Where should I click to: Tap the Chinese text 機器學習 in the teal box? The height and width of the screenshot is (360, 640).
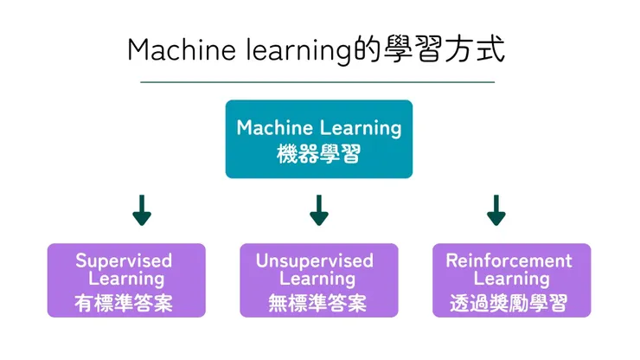[318, 154]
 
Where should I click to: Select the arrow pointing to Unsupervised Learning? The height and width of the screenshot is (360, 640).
[318, 210]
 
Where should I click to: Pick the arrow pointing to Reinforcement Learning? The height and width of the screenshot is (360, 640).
[496, 210]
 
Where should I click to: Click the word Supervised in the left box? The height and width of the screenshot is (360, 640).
[124, 260]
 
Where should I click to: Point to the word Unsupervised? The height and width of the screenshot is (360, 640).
[315, 260]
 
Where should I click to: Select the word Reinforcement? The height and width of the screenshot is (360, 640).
[509, 260]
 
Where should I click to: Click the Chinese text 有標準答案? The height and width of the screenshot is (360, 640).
[126, 303]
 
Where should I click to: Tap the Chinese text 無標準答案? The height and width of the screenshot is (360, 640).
[318, 303]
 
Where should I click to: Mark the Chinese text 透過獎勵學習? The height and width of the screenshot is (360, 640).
[509, 303]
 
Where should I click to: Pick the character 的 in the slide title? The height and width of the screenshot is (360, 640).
[365, 49]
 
